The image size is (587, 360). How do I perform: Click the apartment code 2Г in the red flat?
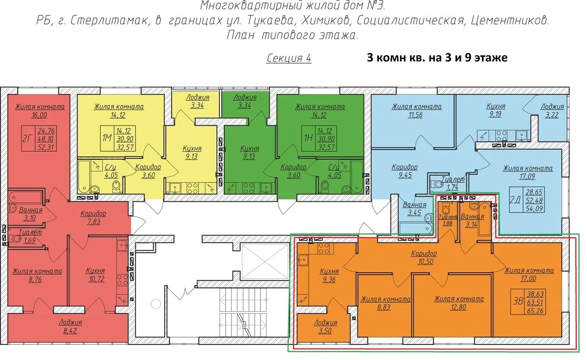tap(27, 138)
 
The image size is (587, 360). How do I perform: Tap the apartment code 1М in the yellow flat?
tap(107, 138)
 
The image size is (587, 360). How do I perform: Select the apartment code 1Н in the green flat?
tap(308, 138)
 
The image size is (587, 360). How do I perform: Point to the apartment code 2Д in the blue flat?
tap(515, 200)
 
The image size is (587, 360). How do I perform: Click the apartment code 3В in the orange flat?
tap(518, 302)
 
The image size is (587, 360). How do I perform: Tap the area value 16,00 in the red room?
tap(39, 115)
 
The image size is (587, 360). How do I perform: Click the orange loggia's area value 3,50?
tap(325, 331)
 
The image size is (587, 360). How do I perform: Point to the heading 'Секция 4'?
tap(289, 58)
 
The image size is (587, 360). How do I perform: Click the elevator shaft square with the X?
tap(265, 261)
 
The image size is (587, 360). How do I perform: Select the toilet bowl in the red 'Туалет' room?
tap(15, 238)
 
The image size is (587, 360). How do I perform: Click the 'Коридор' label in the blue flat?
tap(404, 167)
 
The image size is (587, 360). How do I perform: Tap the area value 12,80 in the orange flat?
tap(458, 307)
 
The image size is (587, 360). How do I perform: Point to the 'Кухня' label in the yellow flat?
tap(192, 149)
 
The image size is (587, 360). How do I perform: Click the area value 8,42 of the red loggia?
tap(70, 331)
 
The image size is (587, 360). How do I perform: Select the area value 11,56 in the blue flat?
tap(415, 115)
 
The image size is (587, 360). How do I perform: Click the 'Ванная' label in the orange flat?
tap(472, 216)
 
